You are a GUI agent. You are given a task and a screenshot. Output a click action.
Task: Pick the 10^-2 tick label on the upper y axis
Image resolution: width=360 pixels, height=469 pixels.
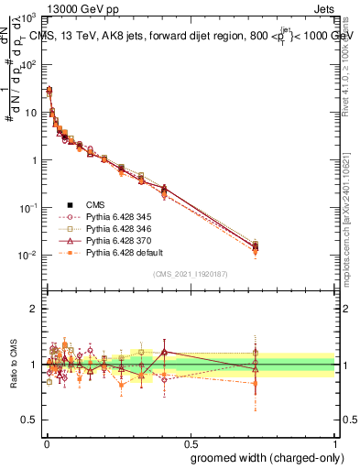[x=29, y=255]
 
